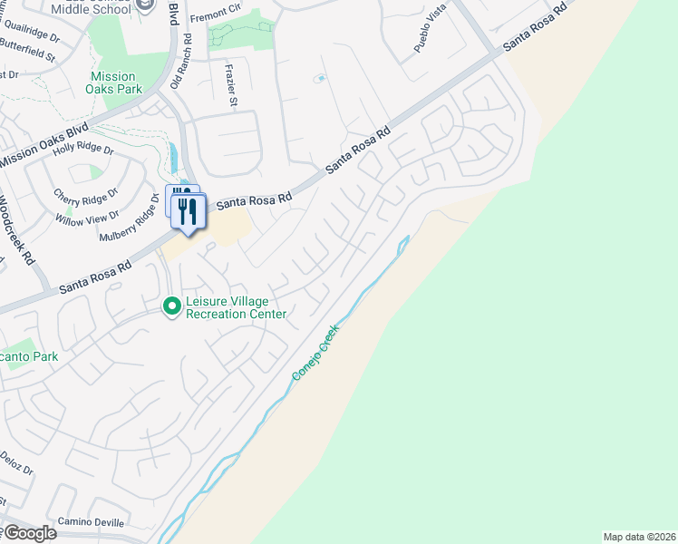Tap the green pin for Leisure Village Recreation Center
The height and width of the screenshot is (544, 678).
tap(171, 307)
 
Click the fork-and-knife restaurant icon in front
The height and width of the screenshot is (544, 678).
tap(189, 212)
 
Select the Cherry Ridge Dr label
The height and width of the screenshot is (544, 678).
tap(86, 196)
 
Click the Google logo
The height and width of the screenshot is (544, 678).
tap(29, 533)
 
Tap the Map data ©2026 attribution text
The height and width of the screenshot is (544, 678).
tap(639, 537)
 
